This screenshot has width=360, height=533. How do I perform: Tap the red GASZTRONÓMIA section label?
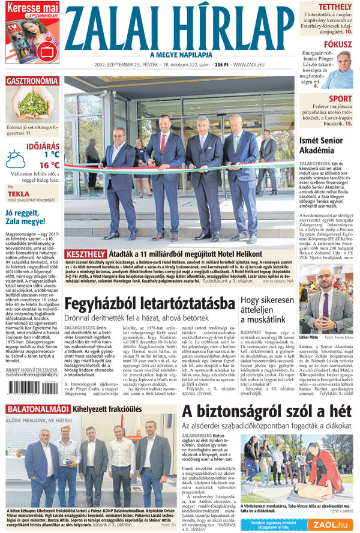click(x=32, y=81)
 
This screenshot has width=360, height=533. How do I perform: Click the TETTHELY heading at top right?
click(x=335, y=8)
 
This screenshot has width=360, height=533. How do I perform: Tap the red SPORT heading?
click(x=340, y=99)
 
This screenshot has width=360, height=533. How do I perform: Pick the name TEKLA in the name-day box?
click(x=19, y=194)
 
